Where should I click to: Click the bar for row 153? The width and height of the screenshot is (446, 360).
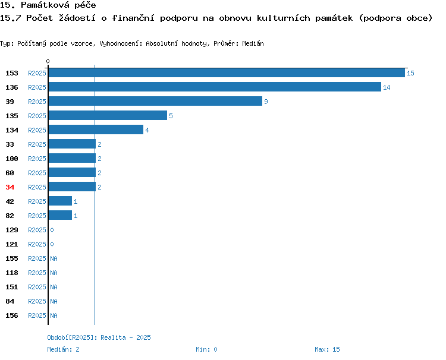(227, 72)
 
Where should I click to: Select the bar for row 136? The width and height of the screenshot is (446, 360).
(215, 87)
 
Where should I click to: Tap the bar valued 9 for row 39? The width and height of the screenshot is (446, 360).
(155, 101)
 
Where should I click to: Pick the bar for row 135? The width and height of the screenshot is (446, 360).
(108, 115)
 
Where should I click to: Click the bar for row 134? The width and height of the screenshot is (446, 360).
(96, 130)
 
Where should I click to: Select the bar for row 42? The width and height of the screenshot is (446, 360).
(60, 201)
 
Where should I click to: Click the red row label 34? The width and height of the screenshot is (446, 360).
(10, 187)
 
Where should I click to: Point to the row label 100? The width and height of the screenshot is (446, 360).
(12, 159)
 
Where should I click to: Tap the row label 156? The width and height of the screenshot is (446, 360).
(12, 315)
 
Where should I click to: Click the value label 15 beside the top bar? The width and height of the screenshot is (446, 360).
(410, 73)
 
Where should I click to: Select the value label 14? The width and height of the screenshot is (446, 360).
(387, 87)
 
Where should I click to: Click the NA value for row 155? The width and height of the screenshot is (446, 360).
(54, 258)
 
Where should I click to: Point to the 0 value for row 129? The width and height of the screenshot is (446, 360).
(52, 230)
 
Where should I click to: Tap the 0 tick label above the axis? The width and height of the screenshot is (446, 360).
(48, 61)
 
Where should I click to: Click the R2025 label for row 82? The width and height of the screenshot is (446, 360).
(37, 216)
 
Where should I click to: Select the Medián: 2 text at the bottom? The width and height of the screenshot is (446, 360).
(63, 349)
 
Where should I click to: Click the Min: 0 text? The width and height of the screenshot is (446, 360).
(206, 349)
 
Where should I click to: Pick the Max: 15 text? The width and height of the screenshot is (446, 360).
(327, 349)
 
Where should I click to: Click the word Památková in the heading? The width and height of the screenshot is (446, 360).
(45, 5)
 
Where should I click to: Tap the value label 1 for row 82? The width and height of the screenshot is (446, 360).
(76, 216)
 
